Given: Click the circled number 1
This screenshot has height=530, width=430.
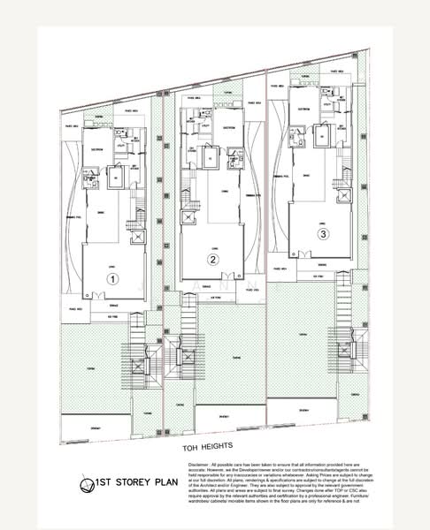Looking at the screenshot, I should point(112,277).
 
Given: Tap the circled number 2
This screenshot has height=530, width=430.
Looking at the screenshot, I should point(212,260).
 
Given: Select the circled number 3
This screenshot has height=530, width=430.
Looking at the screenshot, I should point(323,234).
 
